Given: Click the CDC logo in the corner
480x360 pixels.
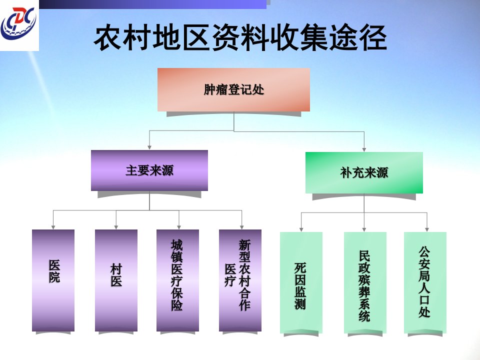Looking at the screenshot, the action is pyautogui.click(x=19, y=24).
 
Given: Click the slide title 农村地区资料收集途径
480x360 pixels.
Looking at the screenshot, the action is pyautogui.click(x=240, y=38).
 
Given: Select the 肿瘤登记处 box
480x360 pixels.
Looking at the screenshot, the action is pyautogui.click(x=233, y=89).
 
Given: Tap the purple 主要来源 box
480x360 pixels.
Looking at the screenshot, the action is pyautogui.click(x=149, y=170).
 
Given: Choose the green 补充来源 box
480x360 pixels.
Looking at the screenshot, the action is pyautogui.click(x=364, y=172).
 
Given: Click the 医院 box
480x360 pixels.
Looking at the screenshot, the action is pyautogui.click(x=53, y=280).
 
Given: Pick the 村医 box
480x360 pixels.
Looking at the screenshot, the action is pyautogui.click(x=116, y=280).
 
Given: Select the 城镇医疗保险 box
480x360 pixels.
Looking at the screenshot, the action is pyautogui.click(x=177, y=280).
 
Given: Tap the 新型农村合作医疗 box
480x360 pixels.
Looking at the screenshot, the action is pyautogui.click(x=240, y=280).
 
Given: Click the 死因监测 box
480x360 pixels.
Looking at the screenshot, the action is pyautogui.click(x=301, y=282).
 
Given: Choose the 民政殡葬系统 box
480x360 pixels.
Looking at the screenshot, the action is pyautogui.click(x=365, y=282).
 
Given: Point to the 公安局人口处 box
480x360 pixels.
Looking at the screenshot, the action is pyautogui.click(x=425, y=282).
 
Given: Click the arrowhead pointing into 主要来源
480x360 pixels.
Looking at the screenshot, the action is pyautogui.click(x=149, y=147).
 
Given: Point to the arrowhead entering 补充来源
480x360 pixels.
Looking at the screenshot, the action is pyautogui.click(x=364, y=149).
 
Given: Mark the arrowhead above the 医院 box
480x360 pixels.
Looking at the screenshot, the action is pyautogui.click(x=53, y=227).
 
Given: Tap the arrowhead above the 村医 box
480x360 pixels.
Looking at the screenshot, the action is pyautogui.click(x=116, y=227).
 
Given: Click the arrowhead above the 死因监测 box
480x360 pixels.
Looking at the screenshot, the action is pyautogui.click(x=301, y=229).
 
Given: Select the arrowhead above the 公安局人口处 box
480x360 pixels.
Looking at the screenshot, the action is pyautogui.click(x=426, y=229).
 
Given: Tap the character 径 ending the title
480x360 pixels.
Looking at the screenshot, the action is pyautogui.click(x=372, y=38).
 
